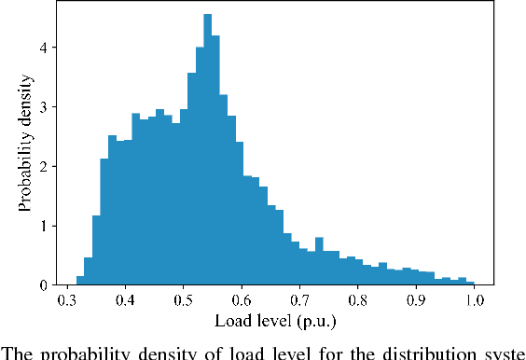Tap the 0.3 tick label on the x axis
(x=67, y=301)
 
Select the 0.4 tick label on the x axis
(x=125, y=301)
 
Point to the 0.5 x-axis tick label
(x=183, y=301)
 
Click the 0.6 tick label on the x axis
(x=242, y=301)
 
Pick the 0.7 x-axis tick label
(x=299, y=301)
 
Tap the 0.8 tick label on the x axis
(x=358, y=301)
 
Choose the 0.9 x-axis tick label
(x=416, y=301)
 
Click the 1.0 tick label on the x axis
(x=474, y=301)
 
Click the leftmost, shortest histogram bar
(x=80, y=281)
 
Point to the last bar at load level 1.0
(x=470, y=283)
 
